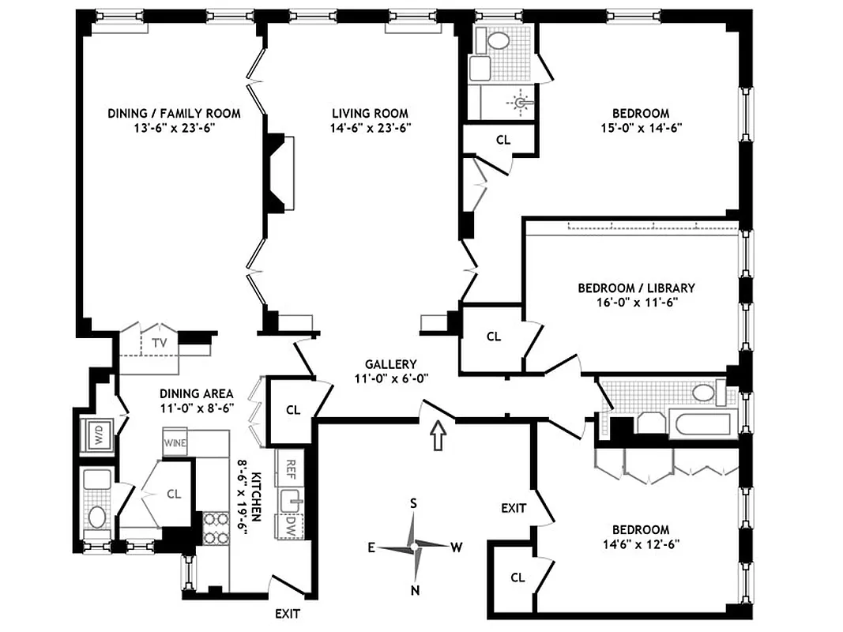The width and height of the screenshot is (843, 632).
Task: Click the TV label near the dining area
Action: (x=160, y=343)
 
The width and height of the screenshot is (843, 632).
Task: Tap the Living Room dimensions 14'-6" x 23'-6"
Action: (x=370, y=127)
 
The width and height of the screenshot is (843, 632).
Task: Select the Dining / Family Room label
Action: (x=174, y=114)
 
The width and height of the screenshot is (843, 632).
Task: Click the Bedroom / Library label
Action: (x=636, y=288)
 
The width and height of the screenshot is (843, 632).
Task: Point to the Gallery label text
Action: (x=390, y=364)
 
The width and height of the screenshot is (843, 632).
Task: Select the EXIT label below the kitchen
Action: (x=287, y=613)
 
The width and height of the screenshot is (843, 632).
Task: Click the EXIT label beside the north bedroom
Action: (x=514, y=508)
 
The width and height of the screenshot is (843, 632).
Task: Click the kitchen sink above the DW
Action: (x=289, y=499)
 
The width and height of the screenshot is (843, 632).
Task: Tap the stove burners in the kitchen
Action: (x=214, y=528)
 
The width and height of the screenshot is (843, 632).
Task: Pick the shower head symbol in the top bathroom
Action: (x=521, y=101)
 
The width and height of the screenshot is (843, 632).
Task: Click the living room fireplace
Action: (x=280, y=174)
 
